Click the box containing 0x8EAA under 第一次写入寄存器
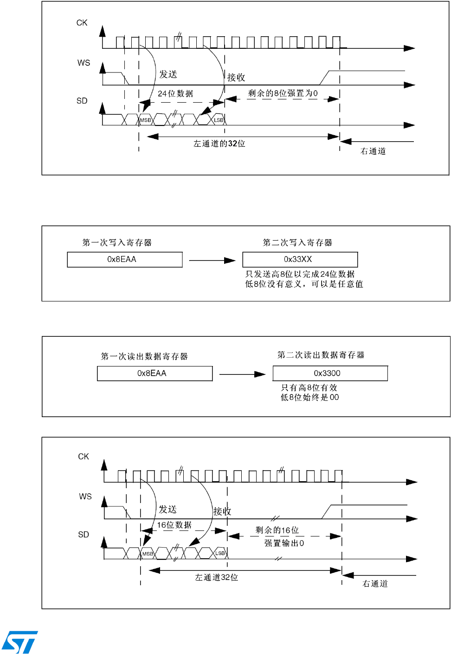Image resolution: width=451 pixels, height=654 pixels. pos(124,260)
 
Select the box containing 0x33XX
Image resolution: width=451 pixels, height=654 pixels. pos(300,260)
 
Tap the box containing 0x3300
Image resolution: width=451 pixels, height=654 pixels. pos(330,373)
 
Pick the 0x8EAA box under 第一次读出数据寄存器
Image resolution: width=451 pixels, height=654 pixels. pos(155,373)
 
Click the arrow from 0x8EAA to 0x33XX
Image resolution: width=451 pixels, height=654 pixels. pos(212,261)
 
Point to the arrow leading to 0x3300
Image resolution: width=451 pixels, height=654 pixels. pos(242,374)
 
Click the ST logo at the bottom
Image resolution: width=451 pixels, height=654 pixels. pos(20,642)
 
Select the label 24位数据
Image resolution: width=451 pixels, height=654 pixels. pos(175,94)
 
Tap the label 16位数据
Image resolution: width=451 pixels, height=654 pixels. pos(174,525)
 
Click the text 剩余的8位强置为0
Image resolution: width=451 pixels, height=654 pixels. pos(283,93)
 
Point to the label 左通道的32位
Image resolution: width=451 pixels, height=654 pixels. pos(219,144)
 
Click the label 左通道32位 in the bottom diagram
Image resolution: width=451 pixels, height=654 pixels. pos(216,577)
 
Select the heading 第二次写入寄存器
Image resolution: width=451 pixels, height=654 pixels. pos(297,242)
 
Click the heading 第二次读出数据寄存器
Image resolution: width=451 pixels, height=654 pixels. pos(321,355)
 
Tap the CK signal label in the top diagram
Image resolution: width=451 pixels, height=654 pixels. pos(82,23)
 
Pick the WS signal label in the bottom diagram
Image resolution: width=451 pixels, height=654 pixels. pos(85,497)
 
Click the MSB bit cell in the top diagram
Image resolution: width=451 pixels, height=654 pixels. pos(146,120)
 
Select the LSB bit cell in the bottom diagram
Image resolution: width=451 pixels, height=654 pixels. pos(220,553)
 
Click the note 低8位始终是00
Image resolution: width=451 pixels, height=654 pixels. pos(309,398)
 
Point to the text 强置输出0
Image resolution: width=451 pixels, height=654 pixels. pos(284,543)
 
